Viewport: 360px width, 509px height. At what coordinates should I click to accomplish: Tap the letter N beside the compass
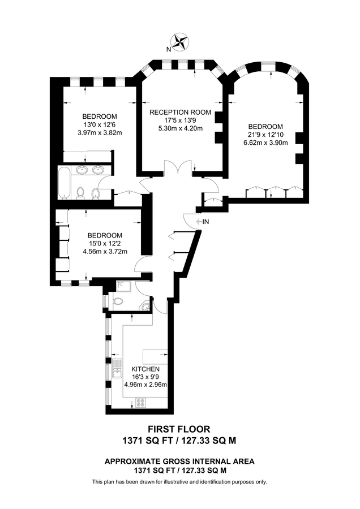click(x=168, y=49)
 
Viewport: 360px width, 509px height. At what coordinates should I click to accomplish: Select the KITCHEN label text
click(x=145, y=369)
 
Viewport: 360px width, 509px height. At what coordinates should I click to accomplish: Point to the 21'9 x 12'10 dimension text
click(x=265, y=135)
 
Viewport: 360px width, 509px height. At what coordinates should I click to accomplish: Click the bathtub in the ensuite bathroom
click(x=63, y=183)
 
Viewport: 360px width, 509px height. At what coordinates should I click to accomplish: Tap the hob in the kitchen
click(x=140, y=403)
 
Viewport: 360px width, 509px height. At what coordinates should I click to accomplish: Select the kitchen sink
click(x=117, y=371)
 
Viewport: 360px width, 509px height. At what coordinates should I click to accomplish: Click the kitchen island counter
click(x=155, y=357)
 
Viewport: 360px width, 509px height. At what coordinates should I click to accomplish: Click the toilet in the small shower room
click(x=118, y=300)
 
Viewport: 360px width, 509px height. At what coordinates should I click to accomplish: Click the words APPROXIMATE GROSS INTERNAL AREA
click(x=179, y=461)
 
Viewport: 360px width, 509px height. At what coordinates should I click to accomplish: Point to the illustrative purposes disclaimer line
click(x=179, y=482)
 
